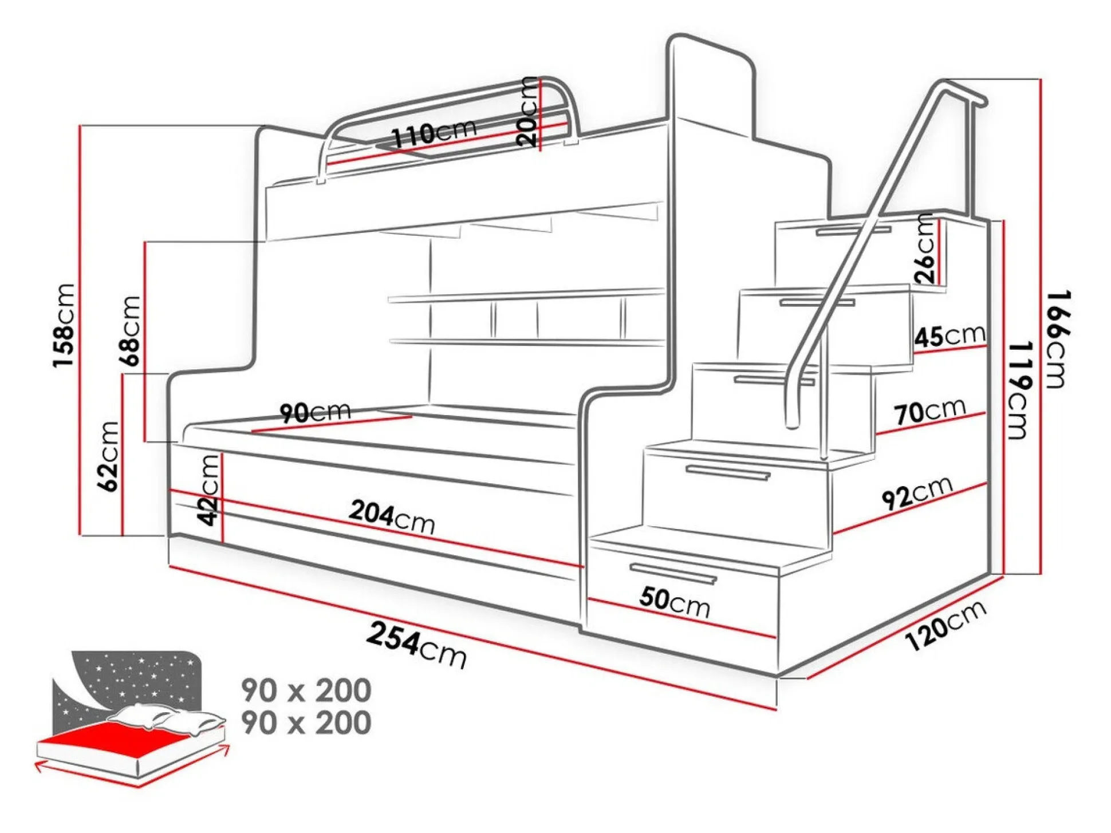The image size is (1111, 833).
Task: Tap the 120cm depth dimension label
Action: click(x=945, y=626)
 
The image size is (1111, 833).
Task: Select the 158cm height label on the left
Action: click(x=64, y=325)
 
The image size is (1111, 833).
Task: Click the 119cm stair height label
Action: click(x=1019, y=390)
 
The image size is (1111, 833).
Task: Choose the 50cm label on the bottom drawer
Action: click(x=675, y=602)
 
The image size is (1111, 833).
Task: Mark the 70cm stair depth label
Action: click(x=929, y=411)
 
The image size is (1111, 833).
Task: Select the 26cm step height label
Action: click(x=925, y=248)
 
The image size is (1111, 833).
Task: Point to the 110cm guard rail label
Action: click(x=434, y=134)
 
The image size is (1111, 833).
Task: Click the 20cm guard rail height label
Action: click(x=527, y=112)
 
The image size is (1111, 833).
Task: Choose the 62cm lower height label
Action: click(x=109, y=456)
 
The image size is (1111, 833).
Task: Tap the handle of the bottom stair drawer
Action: click(x=673, y=573)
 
